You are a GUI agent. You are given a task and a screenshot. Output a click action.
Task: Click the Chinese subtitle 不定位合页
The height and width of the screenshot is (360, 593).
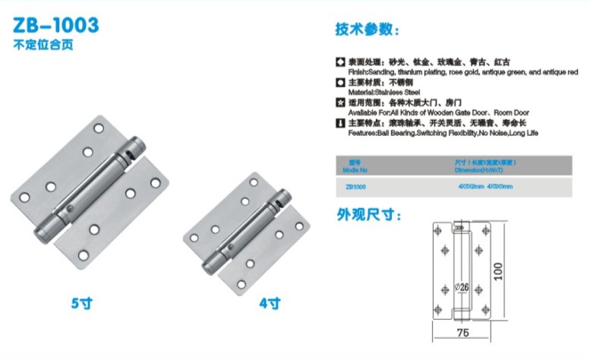(x=36, y=45)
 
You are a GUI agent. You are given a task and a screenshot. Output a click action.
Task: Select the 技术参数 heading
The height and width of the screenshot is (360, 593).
(x=366, y=31)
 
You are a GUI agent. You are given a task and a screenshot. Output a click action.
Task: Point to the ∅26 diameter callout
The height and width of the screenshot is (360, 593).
(x=463, y=286)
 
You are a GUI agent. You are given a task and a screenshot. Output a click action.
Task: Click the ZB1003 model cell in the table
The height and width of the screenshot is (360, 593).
(x=356, y=186)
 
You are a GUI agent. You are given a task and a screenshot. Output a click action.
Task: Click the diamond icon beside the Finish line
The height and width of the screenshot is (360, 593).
(x=340, y=61)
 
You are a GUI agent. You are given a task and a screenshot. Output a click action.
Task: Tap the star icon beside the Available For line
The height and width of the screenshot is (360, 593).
(x=340, y=102)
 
